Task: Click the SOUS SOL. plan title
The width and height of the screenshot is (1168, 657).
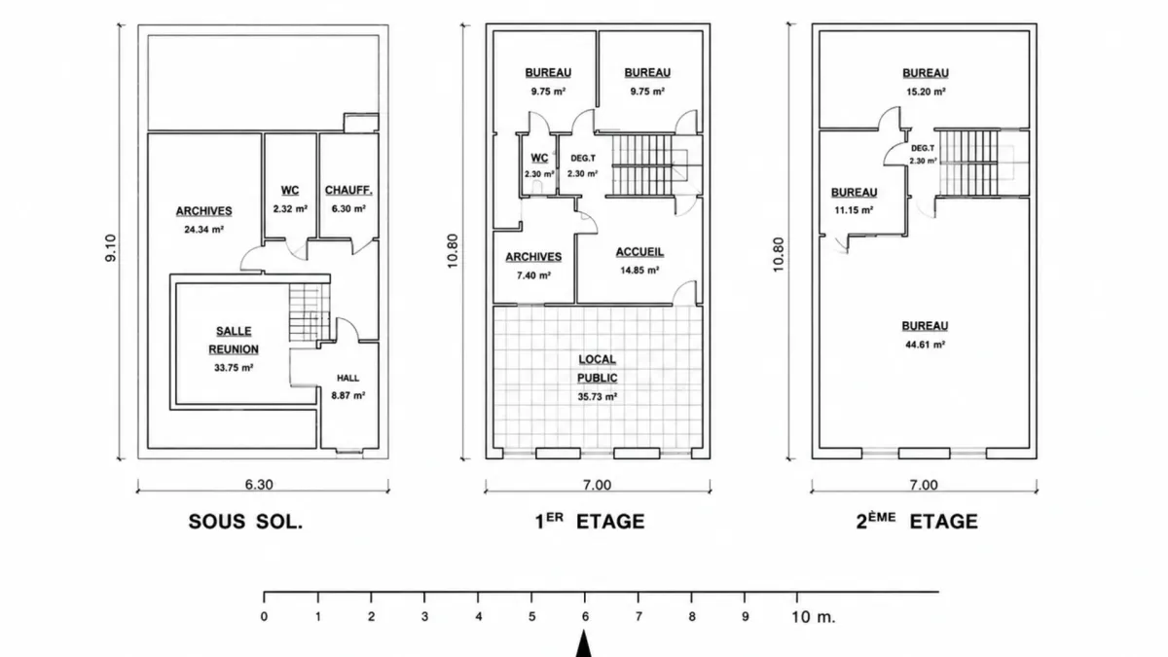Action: click(x=245, y=522)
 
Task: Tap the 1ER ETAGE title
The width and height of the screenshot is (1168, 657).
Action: click(x=590, y=521)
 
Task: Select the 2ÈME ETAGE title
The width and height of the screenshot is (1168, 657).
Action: click(x=917, y=521)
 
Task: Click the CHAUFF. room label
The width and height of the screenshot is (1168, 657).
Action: click(x=348, y=191)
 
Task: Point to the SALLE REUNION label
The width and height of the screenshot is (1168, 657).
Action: click(x=234, y=341)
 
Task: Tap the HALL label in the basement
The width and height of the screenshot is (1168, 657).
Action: click(x=347, y=378)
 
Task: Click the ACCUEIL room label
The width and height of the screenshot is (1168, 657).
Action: click(x=639, y=252)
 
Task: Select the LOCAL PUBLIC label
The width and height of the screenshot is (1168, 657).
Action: click(x=598, y=369)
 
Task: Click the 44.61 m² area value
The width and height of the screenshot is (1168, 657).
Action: click(x=926, y=345)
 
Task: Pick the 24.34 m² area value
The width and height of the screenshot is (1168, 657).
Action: click(x=203, y=230)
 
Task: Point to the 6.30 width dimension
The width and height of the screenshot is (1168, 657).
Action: click(x=259, y=485)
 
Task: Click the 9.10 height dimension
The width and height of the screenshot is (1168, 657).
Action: click(x=111, y=247)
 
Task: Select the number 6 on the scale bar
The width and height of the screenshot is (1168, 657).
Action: click(x=585, y=617)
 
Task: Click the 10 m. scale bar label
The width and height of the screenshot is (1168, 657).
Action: click(x=814, y=617)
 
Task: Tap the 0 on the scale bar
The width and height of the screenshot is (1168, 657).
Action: click(x=265, y=617)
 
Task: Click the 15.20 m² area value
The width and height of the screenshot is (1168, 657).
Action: click(x=926, y=91)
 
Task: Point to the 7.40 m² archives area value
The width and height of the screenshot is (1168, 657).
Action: click(x=534, y=275)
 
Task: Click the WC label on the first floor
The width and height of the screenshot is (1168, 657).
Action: click(x=539, y=158)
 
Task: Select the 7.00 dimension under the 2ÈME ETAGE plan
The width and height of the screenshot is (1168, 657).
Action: click(x=924, y=485)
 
